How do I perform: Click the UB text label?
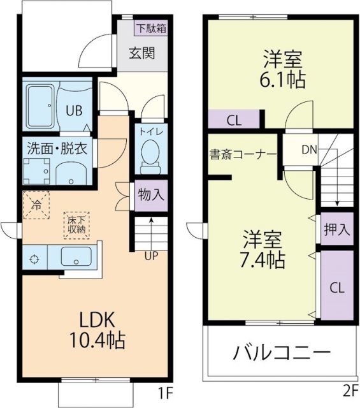point(75,109)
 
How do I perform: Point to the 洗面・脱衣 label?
point(56,149)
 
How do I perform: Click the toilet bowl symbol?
point(150,154)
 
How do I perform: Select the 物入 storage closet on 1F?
point(151,195)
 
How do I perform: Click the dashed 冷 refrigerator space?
point(38,205)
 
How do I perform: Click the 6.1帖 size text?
point(282,80)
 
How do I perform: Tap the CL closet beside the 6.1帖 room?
point(233,119)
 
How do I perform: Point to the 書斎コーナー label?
point(243,154)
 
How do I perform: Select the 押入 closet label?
point(336,229)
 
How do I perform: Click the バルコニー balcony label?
point(280,351)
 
